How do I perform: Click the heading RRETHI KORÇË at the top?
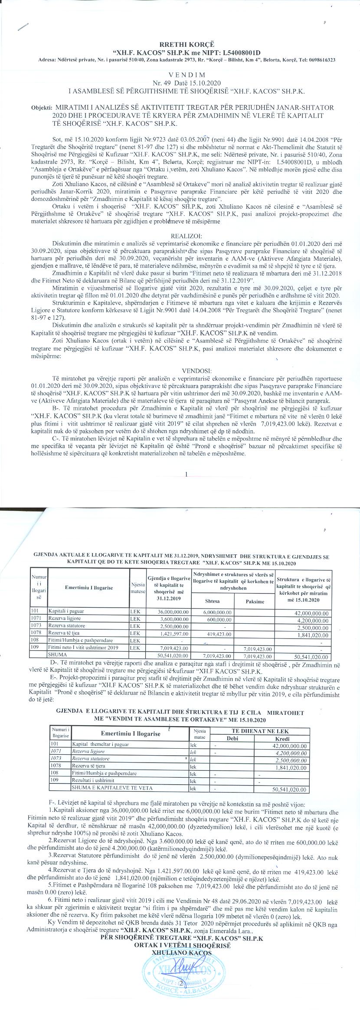pos(180,44)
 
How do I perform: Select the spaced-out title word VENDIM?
pos(180,75)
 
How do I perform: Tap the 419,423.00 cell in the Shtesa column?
pos(213,634)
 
